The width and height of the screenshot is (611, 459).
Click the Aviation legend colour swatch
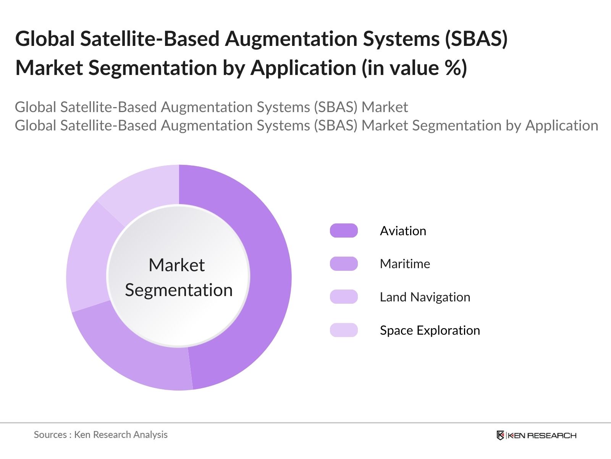coord(344,231)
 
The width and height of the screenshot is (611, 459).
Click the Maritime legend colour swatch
coord(344,264)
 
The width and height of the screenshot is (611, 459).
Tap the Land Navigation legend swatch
coord(344,297)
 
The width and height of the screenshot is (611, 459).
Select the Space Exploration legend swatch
coord(344,330)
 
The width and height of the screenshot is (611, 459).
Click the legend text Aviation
coord(403,231)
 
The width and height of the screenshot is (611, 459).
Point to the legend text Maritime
coord(405,264)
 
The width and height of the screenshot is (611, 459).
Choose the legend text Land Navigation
coord(425,297)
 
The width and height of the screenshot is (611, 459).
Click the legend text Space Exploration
coord(430,330)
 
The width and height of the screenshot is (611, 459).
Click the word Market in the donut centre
coord(176,265)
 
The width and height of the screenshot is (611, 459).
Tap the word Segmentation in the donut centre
coord(179,290)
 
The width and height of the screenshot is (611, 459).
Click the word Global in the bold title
coord(45,39)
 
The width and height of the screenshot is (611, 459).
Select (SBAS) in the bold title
coord(476,39)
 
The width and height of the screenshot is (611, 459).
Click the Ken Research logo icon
coord(500,435)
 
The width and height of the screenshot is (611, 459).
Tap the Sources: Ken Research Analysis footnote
coord(100,435)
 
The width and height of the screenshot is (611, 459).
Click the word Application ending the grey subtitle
coord(561,125)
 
